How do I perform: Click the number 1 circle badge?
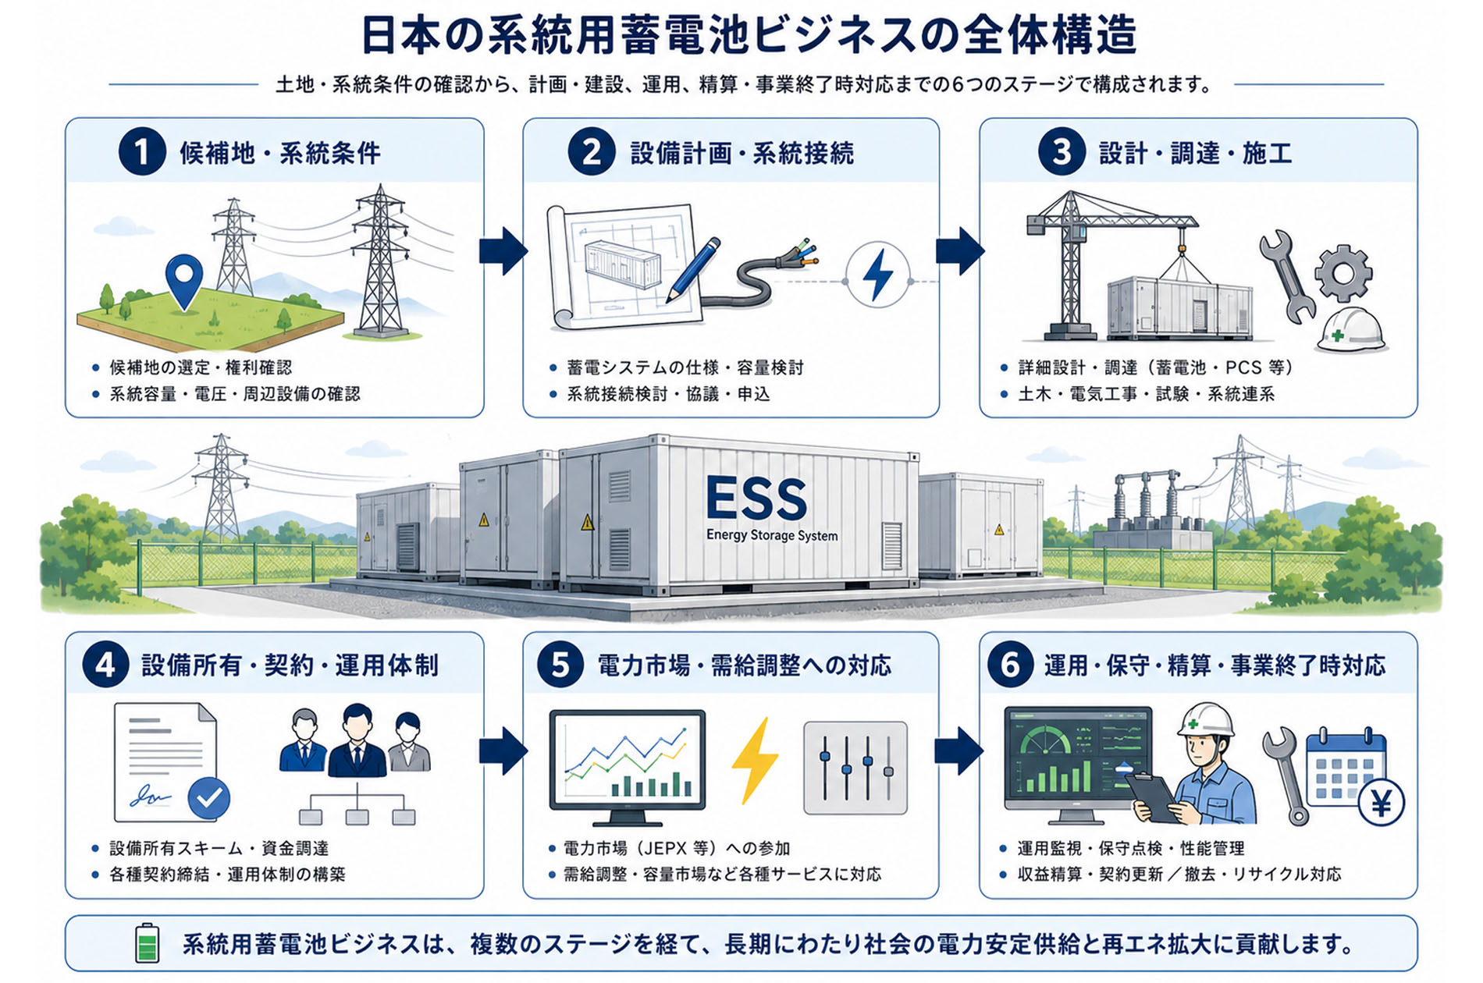coord(142,151)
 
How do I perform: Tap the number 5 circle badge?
coord(560,665)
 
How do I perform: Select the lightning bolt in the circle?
coord(878,275)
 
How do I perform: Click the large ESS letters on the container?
coord(756,499)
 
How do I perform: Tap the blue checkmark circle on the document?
coord(208,798)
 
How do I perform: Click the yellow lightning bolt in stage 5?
coord(754,760)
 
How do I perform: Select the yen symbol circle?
coord(1381,802)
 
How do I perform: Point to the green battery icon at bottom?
coord(147,943)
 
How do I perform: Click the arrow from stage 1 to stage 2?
coord(503,250)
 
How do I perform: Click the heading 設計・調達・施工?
coord(1195,153)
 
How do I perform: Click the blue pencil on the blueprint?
coord(693,270)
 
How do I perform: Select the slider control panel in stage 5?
coord(855,768)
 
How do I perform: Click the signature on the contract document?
coord(151,797)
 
